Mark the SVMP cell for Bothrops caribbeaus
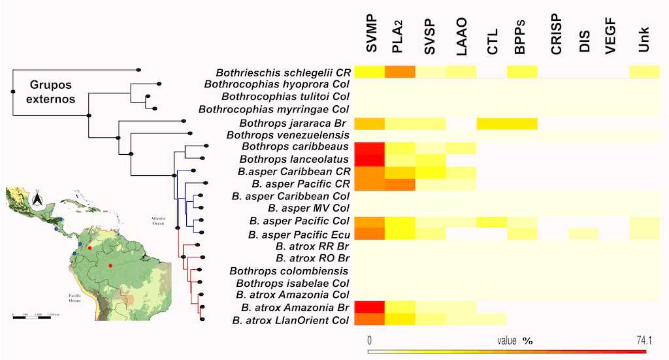pyautogui.click(x=370, y=148)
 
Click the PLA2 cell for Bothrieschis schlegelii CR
pyautogui.click(x=400, y=73)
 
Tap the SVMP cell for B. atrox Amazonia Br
pyautogui.click(x=370, y=308)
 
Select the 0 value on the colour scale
pyautogui.click(x=370, y=340)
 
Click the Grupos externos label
pyautogui.click(x=52, y=93)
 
